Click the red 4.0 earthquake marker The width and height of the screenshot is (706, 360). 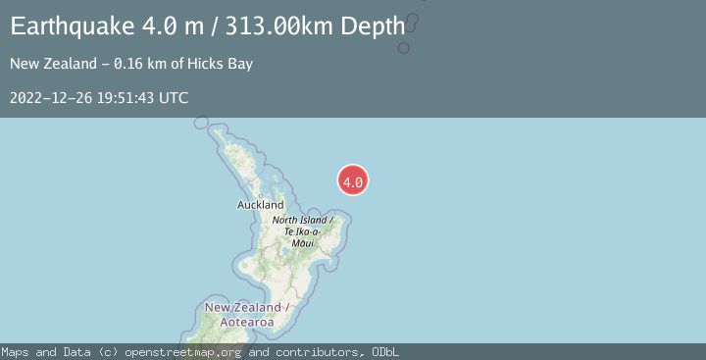pos(353,180)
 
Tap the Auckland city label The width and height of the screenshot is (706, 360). pos(260,205)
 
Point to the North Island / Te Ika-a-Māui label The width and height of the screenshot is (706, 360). pos(304,231)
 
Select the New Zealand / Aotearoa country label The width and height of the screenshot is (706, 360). pos(245,315)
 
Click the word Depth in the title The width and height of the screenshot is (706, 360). pos(373,26)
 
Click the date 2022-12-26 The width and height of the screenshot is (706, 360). pos(50,98)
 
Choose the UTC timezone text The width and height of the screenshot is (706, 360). pos(174,98)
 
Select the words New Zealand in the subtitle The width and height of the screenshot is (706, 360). pos(49,64)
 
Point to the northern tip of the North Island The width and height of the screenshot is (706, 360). pos(204,123)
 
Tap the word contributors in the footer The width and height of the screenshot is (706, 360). pos(314,352)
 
